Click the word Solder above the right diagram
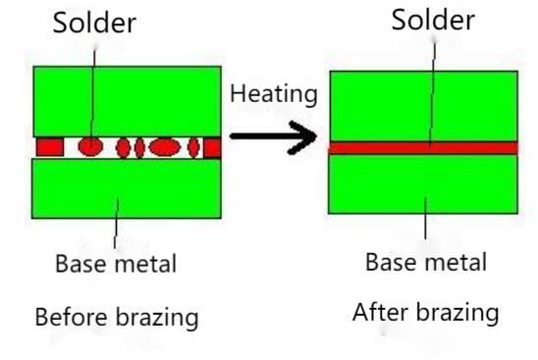pyautogui.click(x=431, y=21)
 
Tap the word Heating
pyautogui.click(x=274, y=95)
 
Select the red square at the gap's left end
pyautogui.click(x=50, y=147)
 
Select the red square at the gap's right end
pyautogui.click(x=211, y=147)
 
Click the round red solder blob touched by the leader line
pyautogui.click(x=89, y=147)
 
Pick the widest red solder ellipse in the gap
pyautogui.click(x=165, y=147)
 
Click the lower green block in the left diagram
pyautogui.click(x=128, y=186)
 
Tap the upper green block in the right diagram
pyautogui.click(x=423, y=105)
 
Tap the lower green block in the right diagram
pyautogui.click(x=423, y=184)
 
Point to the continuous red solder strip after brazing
pyautogui.click(x=423, y=147)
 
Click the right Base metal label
pyautogui.click(x=425, y=262)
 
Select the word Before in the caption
pyautogui.click(x=69, y=318)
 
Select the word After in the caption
pyautogui.click(x=380, y=313)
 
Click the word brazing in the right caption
pyautogui.click(x=457, y=315)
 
